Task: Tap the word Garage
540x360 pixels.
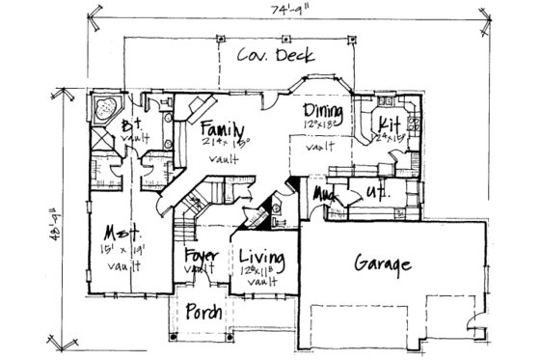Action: (385, 263)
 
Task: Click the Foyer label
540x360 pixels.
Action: (203, 257)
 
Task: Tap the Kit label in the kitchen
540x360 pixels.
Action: (390, 125)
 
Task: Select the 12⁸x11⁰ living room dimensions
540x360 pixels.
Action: (259, 273)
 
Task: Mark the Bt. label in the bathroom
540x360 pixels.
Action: (132, 125)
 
